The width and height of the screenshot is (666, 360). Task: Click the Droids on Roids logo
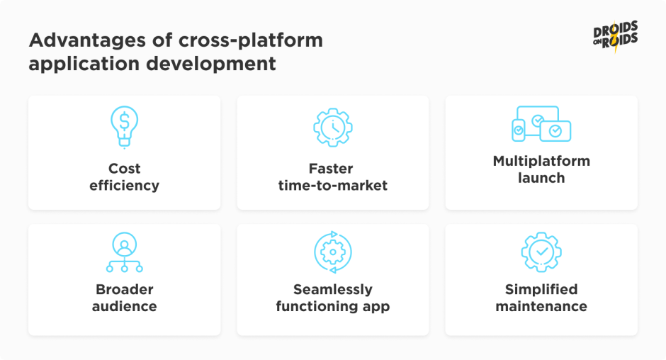coord(616,37)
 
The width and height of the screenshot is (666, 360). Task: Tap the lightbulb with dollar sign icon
coord(124,127)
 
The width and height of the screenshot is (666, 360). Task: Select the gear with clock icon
coord(332,127)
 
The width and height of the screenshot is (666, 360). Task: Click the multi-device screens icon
coord(541,124)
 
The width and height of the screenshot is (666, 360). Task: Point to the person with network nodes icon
coord(124,252)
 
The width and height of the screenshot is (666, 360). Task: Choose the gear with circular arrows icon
coord(332,252)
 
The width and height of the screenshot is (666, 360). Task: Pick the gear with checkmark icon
coord(541,252)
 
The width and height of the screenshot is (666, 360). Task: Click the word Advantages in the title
coord(87,41)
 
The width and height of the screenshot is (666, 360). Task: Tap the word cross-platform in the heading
coord(251,41)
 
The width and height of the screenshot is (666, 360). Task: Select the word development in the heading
coord(211,64)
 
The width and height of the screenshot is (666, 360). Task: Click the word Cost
coord(124,169)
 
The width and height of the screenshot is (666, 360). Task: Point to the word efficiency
coord(124,185)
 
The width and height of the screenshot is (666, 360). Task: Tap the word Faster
coord(331,169)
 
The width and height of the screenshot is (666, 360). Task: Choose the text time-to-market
coord(332,185)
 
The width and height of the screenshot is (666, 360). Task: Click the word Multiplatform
coord(541,161)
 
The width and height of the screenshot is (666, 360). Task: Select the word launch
coord(541,178)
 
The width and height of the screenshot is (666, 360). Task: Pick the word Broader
coord(124,289)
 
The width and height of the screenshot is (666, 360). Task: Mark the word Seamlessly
coord(332,289)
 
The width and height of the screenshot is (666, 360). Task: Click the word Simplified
coord(541,289)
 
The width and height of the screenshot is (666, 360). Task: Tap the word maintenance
coord(541,306)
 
